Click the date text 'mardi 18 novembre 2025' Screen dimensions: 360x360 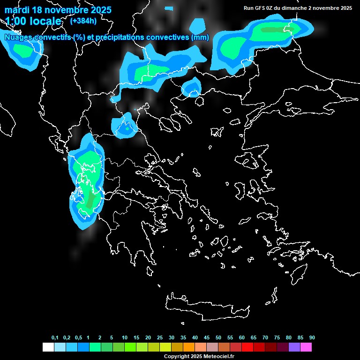(58, 10)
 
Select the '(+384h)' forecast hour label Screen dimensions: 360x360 (83, 21)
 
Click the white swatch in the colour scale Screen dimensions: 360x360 (48, 347)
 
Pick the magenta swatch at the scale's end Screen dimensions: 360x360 (306, 347)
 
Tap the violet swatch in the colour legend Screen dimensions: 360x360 (294, 347)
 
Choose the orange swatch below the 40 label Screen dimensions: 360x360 (189, 347)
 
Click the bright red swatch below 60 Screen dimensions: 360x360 (247, 347)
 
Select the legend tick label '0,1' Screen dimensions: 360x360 (55, 338)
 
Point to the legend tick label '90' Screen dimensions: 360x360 (312, 338)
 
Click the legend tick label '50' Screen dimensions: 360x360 (218, 338)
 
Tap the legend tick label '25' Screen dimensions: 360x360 (160, 338)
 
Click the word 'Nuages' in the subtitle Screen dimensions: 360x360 (18, 37)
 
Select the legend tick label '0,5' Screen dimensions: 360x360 (78, 338)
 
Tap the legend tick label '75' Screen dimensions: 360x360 (277, 338)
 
